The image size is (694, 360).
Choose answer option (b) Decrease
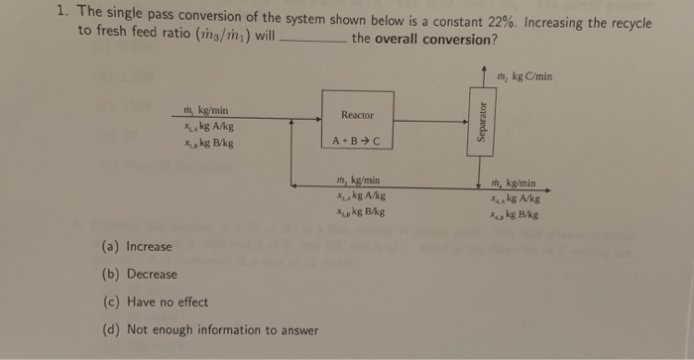pos(140,274)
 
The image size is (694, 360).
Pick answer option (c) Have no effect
pos(155,301)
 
